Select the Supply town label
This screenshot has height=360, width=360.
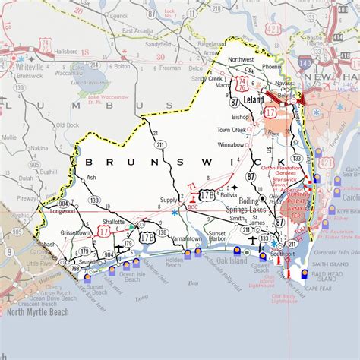point(169,200)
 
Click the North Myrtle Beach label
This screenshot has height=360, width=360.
point(38,311)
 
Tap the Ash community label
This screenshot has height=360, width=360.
point(92,177)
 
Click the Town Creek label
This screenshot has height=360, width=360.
point(232,130)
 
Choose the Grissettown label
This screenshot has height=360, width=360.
point(77,231)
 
